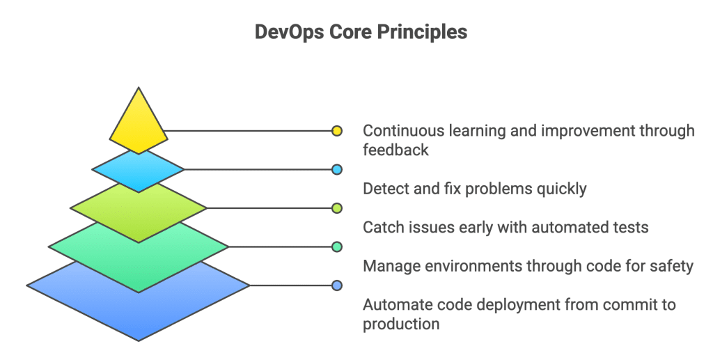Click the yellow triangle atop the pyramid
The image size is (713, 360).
(139, 125)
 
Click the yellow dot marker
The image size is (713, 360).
(337, 130)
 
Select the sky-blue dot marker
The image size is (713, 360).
(337, 169)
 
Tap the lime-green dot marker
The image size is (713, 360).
(337, 208)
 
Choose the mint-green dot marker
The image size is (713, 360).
(337, 246)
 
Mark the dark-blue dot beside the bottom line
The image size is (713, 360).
(337, 285)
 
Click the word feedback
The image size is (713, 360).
(395, 150)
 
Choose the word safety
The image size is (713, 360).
(671, 266)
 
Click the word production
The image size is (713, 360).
(401, 324)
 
